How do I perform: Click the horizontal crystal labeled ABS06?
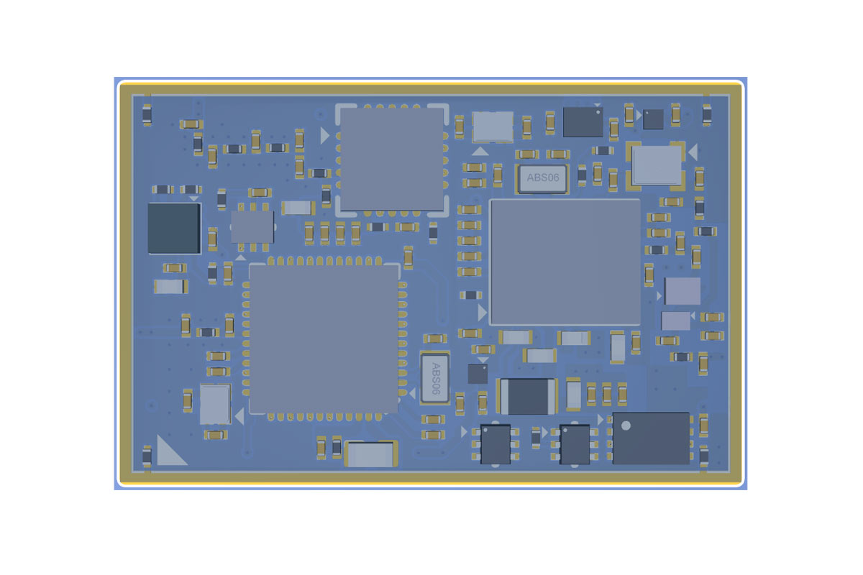pyautogui.click(x=542, y=178)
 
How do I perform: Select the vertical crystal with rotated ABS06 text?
pyautogui.click(x=435, y=378)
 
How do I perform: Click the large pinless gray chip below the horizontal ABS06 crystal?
pyautogui.click(x=565, y=262)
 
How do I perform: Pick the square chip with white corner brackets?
pyautogui.click(x=392, y=160)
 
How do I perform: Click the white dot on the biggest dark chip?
pyautogui.click(x=626, y=425)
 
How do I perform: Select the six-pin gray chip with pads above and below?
pyautogui.click(x=252, y=227)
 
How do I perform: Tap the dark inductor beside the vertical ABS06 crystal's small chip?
pyautogui.click(x=528, y=396)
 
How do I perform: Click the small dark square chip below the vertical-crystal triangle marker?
pyautogui.click(x=478, y=374)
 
